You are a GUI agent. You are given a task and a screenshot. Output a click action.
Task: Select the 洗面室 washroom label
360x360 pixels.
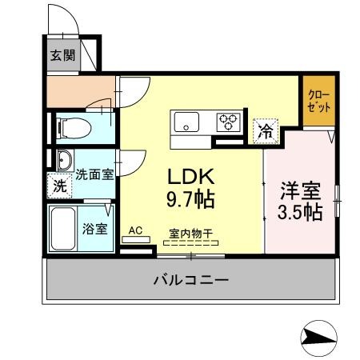pyautogui.click(x=94, y=173)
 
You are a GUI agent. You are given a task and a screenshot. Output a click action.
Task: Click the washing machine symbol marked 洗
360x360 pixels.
pyautogui.click(x=60, y=185)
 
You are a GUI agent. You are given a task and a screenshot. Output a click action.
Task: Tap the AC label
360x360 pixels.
pyautogui.click(x=135, y=230)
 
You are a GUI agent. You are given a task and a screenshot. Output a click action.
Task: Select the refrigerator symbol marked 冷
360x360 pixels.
pyautogui.click(x=264, y=131)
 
